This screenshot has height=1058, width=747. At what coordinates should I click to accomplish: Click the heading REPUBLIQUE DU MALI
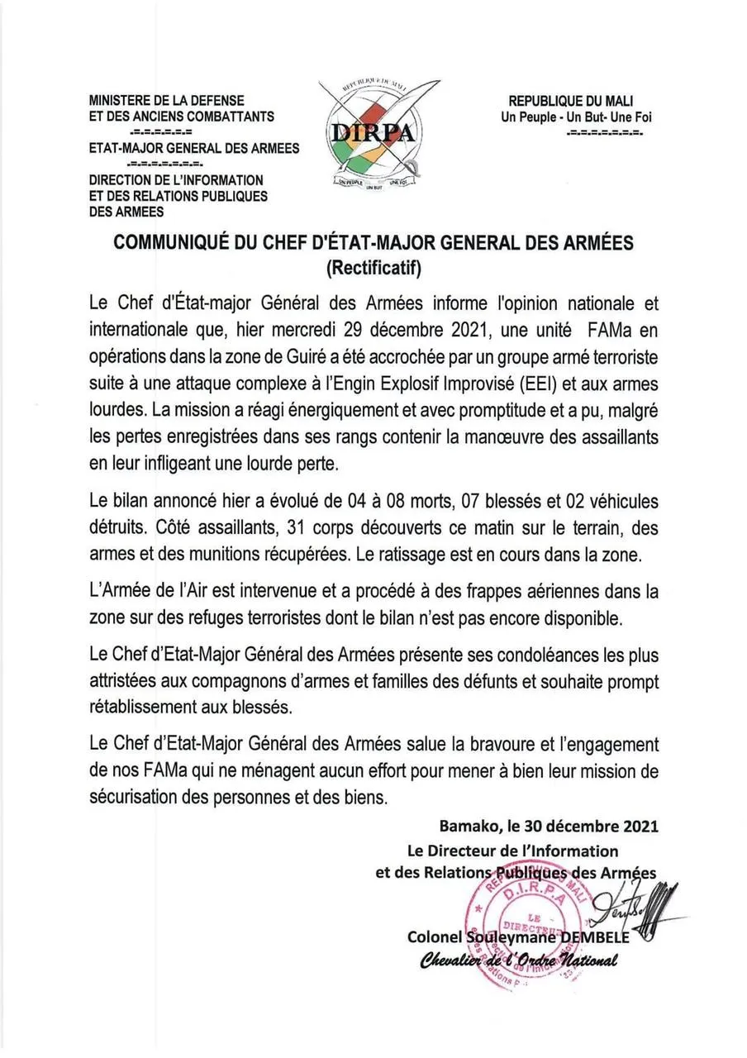pyautogui.click(x=570, y=101)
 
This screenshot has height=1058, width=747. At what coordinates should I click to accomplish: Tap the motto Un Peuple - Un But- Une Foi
pyautogui.click(x=576, y=117)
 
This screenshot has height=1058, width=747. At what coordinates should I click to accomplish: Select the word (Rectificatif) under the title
pyautogui.click(x=373, y=266)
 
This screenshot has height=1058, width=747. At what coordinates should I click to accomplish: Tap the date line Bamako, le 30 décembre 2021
pyautogui.click(x=550, y=826)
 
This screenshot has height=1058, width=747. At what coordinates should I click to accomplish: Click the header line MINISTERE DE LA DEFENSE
pyautogui.click(x=167, y=101)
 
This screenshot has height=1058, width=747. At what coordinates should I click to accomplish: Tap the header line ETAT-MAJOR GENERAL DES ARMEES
pyautogui.click(x=195, y=149)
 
